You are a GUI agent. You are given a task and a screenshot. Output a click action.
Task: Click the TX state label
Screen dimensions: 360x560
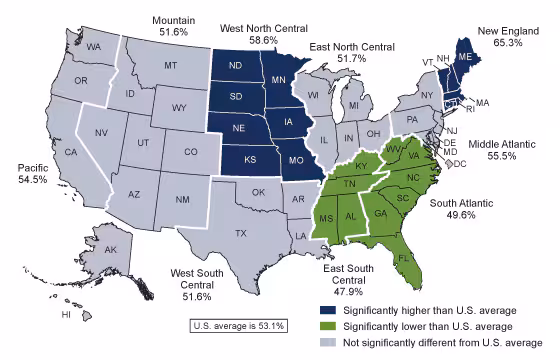[x=240, y=233]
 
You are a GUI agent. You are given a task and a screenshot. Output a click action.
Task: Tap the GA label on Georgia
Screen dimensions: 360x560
[x=380, y=213]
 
